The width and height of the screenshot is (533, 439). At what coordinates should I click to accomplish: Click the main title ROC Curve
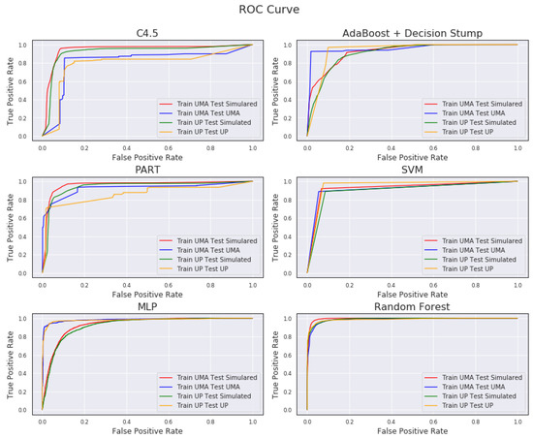[266, 11]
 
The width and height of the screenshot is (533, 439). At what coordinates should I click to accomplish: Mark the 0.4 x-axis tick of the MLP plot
[126, 419]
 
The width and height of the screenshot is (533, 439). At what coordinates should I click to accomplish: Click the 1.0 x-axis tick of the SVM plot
[517, 282]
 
